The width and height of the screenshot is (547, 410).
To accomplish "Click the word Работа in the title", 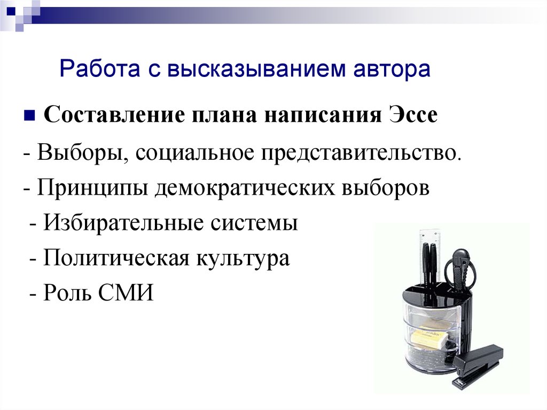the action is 100,69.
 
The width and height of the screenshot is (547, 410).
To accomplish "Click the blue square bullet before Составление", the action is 29,115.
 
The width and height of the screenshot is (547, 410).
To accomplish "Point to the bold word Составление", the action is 114,115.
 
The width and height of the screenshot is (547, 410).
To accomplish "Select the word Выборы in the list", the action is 82,153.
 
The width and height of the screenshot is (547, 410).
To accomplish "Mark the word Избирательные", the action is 123,222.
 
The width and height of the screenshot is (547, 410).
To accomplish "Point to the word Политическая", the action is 115,258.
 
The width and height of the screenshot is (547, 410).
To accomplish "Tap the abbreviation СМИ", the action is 126,292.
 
